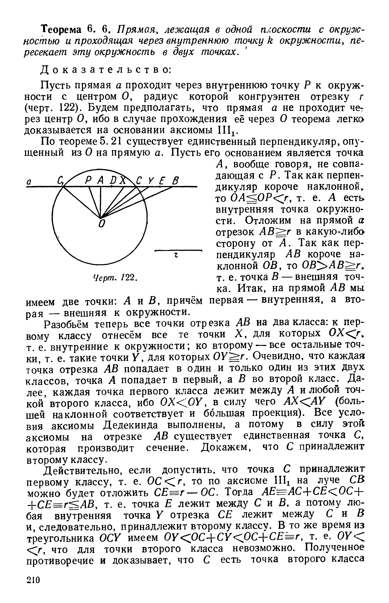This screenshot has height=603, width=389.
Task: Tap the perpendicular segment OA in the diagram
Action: [x=101, y=202]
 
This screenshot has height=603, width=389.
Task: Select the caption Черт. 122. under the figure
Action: [x=115, y=278]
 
